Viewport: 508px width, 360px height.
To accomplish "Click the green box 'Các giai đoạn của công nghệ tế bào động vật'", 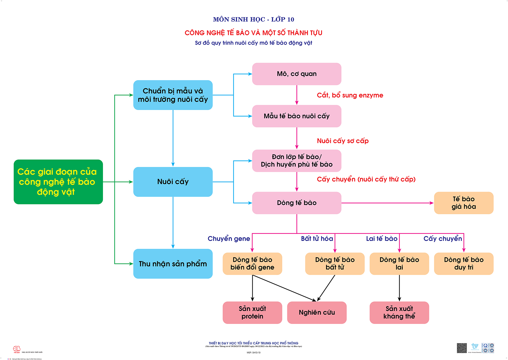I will (x=58, y=182).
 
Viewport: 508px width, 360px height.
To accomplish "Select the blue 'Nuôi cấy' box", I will (x=173, y=182).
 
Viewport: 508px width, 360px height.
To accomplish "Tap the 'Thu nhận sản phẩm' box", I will (x=173, y=264).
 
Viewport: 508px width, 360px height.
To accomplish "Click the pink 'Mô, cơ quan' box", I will (x=297, y=74).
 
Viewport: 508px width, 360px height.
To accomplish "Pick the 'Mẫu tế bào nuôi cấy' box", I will (x=297, y=116).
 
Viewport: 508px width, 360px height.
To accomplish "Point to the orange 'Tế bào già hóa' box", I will (x=464, y=203).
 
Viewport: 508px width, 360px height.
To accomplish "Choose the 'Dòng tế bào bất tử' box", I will (x=335, y=264).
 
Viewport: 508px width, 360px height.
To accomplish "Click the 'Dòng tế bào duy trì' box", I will (x=464, y=264).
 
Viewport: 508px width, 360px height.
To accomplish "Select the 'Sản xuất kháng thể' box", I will (x=399, y=312).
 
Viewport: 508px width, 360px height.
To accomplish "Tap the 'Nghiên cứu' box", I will (x=317, y=312).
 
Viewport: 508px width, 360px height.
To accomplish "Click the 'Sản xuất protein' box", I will (x=252, y=312).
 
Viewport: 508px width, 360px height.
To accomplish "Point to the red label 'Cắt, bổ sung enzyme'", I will (x=350, y=95).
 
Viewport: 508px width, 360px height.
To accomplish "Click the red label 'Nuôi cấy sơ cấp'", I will (x=343, y=141).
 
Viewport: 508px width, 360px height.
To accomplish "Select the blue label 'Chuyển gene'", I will (x=229, y=239).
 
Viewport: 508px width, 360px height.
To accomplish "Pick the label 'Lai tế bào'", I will (x=382, y=239).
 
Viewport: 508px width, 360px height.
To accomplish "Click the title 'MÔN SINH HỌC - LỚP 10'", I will (x=254, y=19).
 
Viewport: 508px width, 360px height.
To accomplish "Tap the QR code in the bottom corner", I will (x=462, y=348).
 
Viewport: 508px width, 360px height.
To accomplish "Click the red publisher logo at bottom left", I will (x=17, y=349).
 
